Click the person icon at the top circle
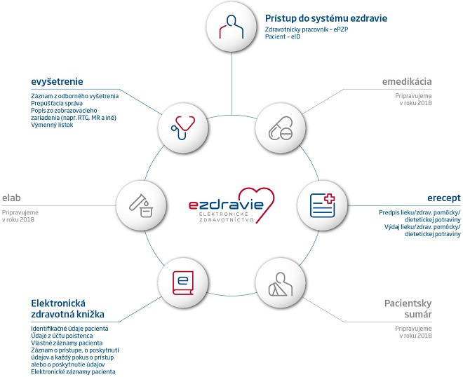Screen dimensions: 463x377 [x=231, y=27]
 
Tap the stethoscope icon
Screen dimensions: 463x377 [x=183, y=128]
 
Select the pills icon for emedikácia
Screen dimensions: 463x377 [x=281, y=128]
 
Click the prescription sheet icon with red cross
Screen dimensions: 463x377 [x=322, y=205]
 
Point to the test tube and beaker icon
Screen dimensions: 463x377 [x=141, y=205]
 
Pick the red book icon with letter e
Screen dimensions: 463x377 [x=183, y=283]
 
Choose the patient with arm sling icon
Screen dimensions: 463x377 [x=281, y=284]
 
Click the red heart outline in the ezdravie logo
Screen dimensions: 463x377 [x=257, y=203]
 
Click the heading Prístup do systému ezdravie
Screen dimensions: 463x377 [x=326, y=18]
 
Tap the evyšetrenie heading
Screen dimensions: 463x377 [x=57, y=81]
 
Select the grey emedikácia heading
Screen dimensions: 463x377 [x=407, y=81]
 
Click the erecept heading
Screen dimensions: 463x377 [x=444, y=198]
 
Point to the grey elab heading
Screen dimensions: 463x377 [x=11, y=198]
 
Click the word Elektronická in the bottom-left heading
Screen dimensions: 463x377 [x=58, y=303]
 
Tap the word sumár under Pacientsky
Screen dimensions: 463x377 [x=418, y=314]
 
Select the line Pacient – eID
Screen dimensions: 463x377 [x=282, y=36]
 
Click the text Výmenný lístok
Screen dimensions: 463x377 [x=52, y=125]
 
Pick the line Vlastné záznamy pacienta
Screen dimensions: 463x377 [x=67, y=343]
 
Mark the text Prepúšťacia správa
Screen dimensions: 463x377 [x=57, y=103]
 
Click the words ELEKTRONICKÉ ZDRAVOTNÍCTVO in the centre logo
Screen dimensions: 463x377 [x=226, y=217]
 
